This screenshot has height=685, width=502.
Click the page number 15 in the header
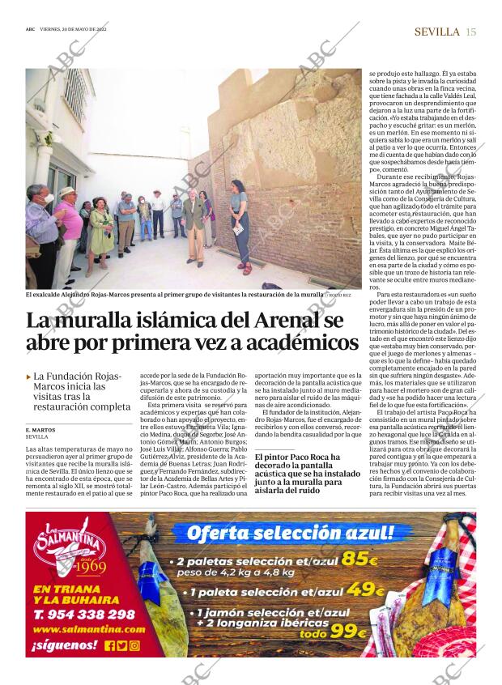471,32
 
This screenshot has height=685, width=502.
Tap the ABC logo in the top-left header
30,29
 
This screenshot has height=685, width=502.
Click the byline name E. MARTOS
40,429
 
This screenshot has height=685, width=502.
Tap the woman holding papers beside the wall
238,223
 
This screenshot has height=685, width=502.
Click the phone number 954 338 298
84,615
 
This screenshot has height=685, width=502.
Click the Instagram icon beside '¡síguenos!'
134,645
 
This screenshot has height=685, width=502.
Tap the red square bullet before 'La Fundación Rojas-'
28,377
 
